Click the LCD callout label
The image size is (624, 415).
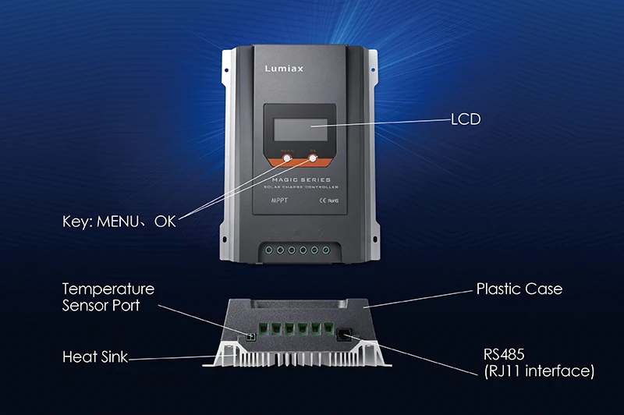[466, 120]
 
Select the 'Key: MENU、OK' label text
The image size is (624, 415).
[119, 221]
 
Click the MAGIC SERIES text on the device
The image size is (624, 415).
[301, 182]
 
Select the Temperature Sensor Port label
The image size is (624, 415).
[108, 297]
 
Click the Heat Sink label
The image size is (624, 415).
[94, 357]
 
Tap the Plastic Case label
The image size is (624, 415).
[519, 289]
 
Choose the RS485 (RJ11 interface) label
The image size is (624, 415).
[538, 361]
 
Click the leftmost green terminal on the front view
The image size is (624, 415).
[268, 251]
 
